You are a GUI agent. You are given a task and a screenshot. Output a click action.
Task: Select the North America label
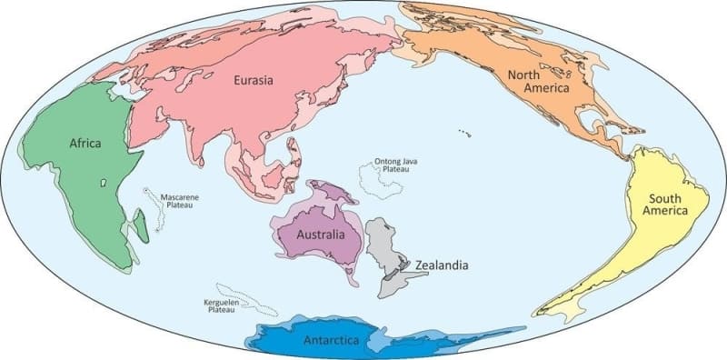(537, 82)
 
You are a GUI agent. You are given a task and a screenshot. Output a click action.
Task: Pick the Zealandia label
(442, 265)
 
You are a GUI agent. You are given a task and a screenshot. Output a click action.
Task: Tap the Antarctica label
(332, 341)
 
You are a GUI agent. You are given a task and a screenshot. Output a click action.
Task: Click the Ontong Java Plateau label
(397, 166)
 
